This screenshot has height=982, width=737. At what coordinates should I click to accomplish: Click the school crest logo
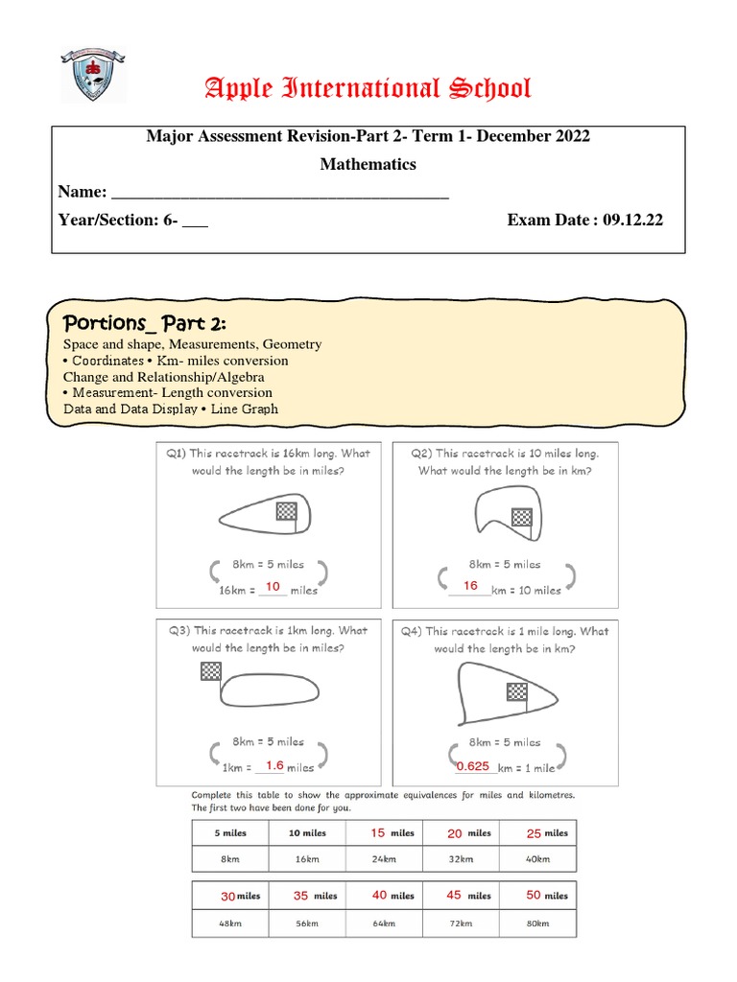click(x=93, y=75)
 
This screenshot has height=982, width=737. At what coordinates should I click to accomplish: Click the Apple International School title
click(x=368, y=89)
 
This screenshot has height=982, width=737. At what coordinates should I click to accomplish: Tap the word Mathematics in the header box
click(x=368, y=164)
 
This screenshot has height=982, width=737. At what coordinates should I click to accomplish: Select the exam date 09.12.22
click(x=632, y=220)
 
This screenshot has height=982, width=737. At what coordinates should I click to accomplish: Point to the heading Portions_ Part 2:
click(x=144, y=319)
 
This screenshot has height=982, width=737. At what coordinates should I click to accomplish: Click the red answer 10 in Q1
click(x=273, y=587)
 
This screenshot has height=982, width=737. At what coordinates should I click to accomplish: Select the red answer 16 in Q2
click(x=470, y=586)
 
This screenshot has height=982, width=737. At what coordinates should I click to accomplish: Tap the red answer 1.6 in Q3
click(x=274, y=765)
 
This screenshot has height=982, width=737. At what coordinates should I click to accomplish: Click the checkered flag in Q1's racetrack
click(x=286, y=511)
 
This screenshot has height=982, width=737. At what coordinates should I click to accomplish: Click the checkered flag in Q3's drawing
click(x=211, y=671)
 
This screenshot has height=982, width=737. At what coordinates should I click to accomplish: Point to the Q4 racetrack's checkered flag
click(x=518, y=692)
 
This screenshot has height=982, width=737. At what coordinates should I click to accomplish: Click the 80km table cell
click(x=537, y=923)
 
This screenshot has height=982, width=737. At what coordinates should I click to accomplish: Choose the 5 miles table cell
click(x=230, y=833)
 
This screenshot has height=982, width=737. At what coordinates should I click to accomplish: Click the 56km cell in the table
click(x=307, y=923)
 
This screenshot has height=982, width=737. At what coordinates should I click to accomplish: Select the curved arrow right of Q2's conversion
click(x=569, y=576)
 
